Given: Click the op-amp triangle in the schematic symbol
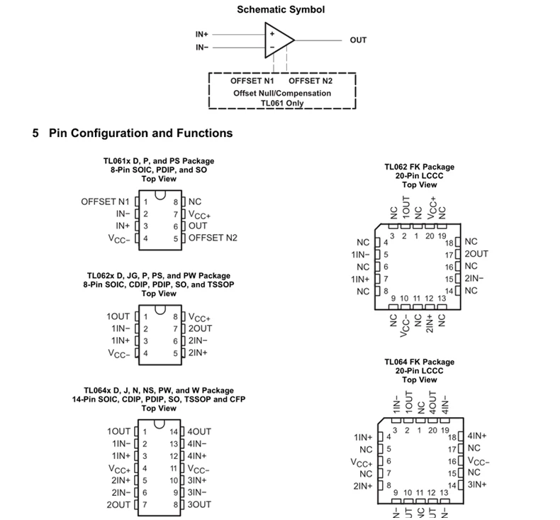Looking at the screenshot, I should click(278, 40).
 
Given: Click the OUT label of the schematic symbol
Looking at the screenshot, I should click(358, 40).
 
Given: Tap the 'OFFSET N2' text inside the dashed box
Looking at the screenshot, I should click(310, 81).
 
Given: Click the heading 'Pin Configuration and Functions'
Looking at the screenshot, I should click(140, 133).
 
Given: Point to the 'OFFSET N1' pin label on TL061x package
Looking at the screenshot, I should click(105, 201).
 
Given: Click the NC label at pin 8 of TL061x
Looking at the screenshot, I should click(195, 201).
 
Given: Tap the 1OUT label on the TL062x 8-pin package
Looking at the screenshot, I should click(118, 316).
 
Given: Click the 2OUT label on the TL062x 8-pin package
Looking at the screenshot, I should click(200, 328).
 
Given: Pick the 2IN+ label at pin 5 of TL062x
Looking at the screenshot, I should click(198, 353).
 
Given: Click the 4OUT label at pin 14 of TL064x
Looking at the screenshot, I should click(199, 431).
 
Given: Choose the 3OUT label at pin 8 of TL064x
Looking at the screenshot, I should click(199, 504).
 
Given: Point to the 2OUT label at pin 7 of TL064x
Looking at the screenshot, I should click(118, 504).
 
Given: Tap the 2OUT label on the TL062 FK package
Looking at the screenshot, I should click(476, 254).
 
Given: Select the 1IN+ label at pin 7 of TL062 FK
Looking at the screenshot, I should click(360, 279).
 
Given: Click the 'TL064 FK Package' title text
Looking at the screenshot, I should click(420, 362).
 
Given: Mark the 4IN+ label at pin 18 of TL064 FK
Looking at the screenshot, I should click(477, 436).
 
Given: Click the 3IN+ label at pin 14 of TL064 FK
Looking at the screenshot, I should click(477, 485).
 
